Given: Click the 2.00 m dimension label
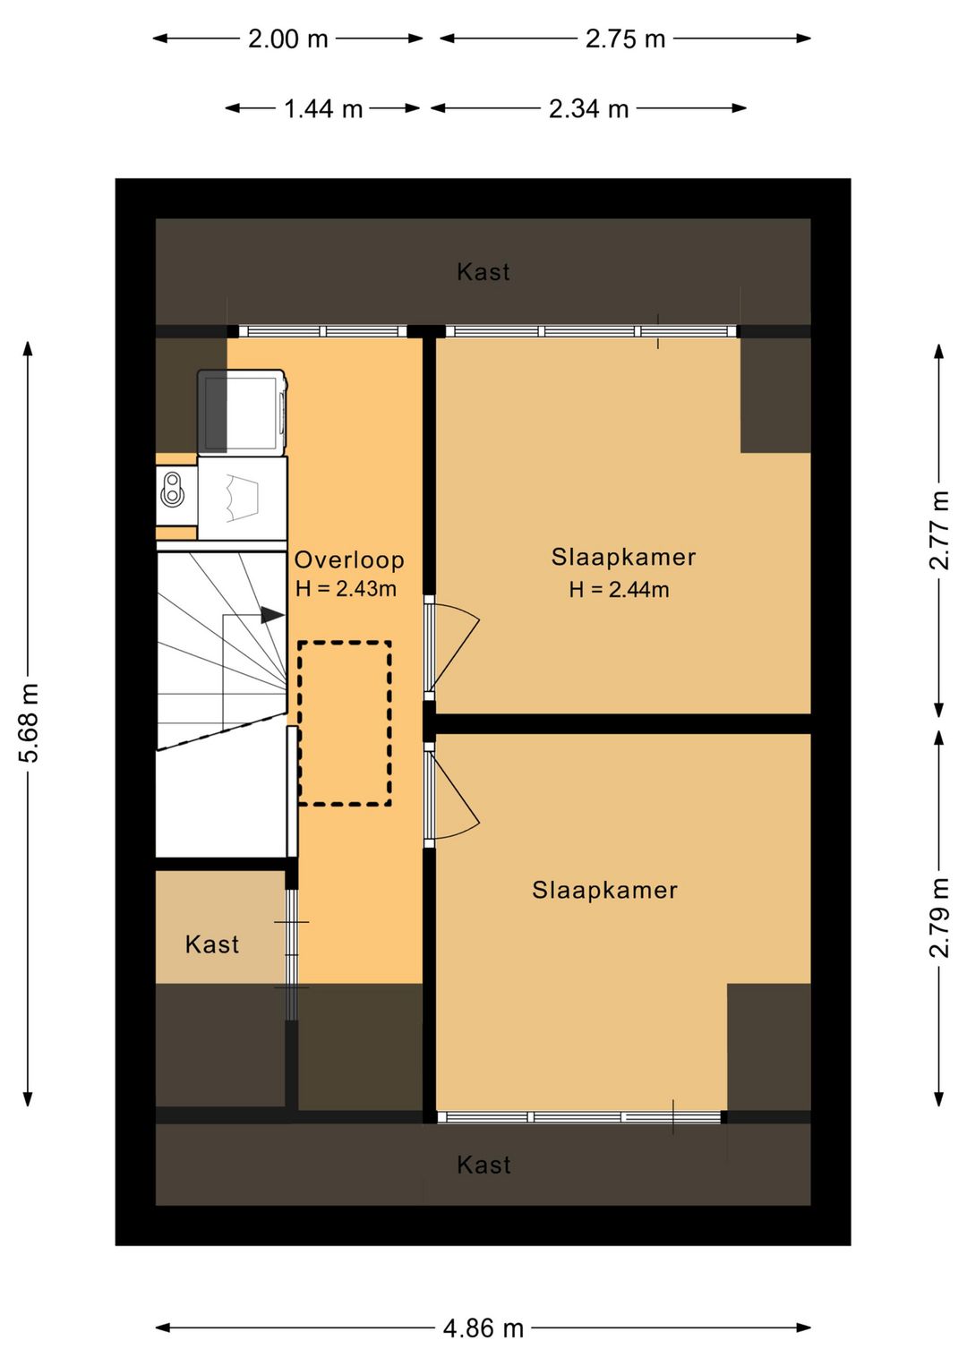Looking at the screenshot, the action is click(288, 39).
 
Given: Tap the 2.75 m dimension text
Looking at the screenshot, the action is click(625, 39).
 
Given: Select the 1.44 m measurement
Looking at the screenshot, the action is click(323, 109).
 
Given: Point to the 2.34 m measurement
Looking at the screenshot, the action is click(589, 109).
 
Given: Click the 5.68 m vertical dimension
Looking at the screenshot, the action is click(29, 722).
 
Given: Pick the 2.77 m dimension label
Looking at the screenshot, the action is click(939, 530).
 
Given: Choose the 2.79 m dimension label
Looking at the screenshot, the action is click(939, 918).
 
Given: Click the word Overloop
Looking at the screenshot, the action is click(349, 559).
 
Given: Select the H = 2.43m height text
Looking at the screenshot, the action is click(346, 589).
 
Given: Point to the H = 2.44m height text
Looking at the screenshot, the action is click(620, 590).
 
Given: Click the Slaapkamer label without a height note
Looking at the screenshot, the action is click(604, 891).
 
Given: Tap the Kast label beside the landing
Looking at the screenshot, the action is click(211, 944).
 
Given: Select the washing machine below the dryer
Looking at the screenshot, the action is click(243, 499).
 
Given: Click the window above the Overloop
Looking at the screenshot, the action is click(322, 331).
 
